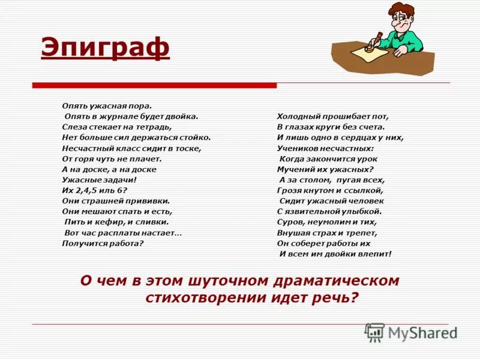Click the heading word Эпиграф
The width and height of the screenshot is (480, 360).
(x=105, y=48)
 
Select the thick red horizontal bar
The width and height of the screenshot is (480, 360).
(x=154, y=85)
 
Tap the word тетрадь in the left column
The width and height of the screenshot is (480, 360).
(x=155, y=127)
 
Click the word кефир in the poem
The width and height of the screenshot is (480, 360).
(x=107, y=222)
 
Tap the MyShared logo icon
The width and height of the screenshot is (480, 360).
(x=375, y=332)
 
